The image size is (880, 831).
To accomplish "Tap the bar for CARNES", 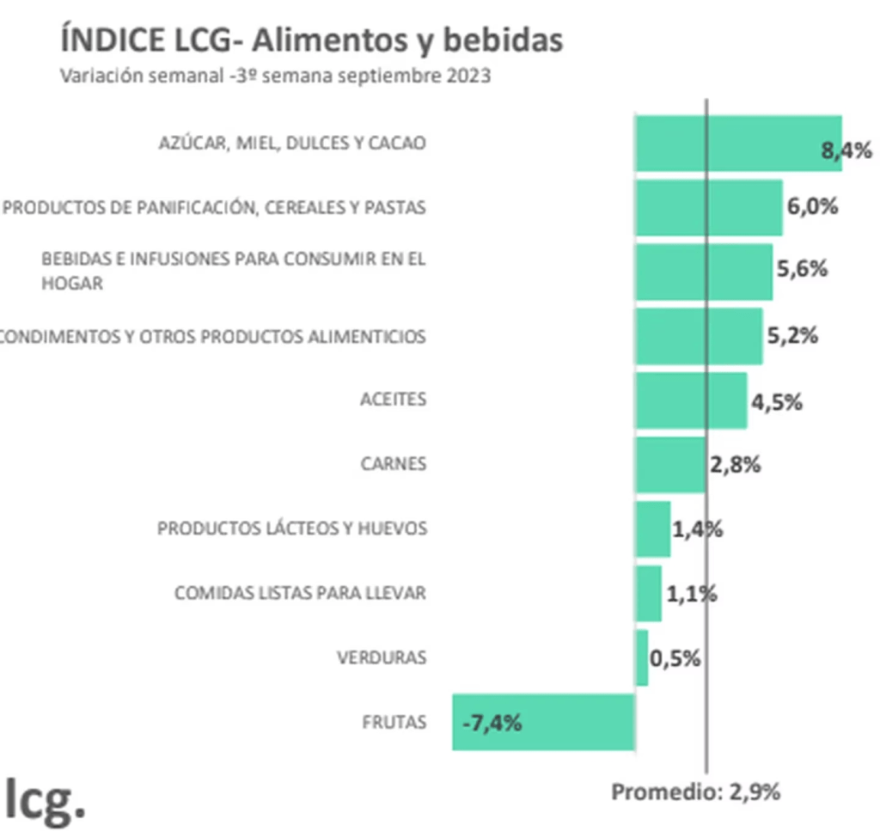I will coord(670,464).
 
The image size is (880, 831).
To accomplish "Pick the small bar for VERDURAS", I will coord(641,657).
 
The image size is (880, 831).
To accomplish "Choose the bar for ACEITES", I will coord(691,400).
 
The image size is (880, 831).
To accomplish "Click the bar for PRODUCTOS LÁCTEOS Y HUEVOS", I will coord(652,529).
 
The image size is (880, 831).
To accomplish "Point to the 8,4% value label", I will coord(846,151).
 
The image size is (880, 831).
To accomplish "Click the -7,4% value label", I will coord(492,723).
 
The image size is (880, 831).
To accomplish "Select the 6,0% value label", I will coord(812,207).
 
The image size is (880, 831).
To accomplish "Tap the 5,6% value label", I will coord(802,268).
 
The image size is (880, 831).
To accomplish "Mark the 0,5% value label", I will coord(675,659).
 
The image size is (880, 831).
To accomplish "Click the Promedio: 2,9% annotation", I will coord(695,791).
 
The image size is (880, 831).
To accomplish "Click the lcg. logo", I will coord(45,798).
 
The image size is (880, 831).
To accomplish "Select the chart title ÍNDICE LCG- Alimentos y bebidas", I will coord(312,40).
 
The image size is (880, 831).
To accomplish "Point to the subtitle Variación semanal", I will coord(275,76).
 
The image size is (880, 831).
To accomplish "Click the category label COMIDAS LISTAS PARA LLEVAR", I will coord(300,593).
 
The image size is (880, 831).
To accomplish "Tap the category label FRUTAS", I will coord(394,722).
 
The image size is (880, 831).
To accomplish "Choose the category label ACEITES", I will coord(394,400).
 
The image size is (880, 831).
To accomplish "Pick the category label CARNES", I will coord(394,464).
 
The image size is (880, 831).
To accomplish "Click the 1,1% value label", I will coord(691,593).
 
